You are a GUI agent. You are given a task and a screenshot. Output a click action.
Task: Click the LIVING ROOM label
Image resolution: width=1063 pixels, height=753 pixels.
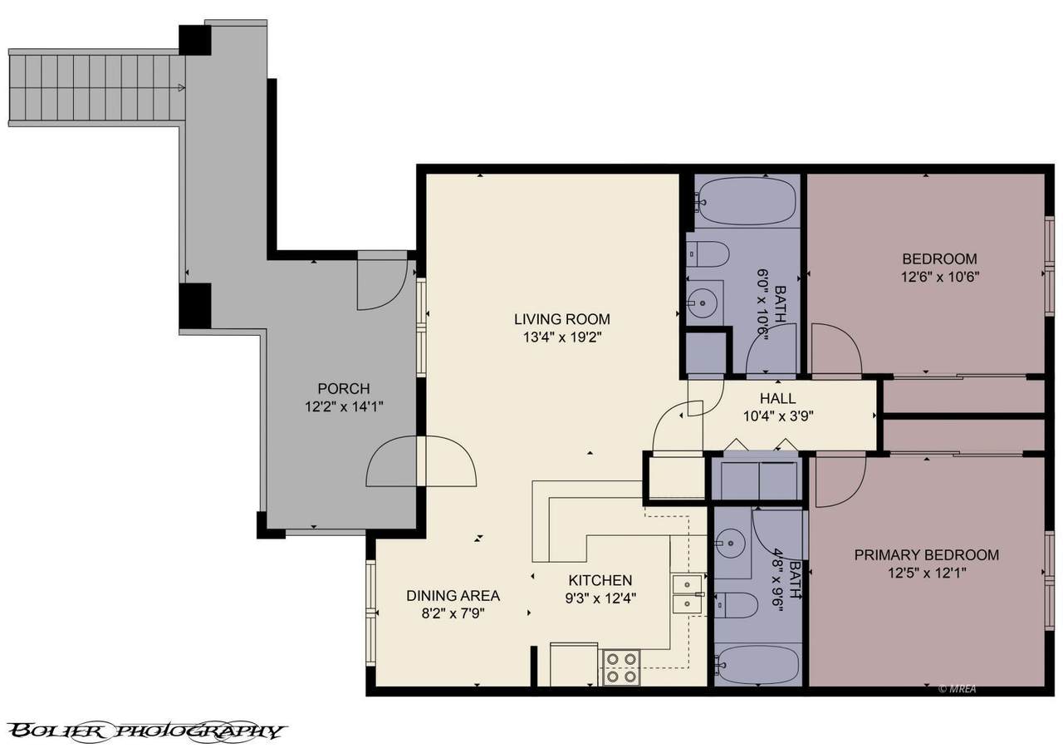(562, 319)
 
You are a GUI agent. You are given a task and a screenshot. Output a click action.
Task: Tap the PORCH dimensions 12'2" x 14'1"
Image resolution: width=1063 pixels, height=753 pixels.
(344, 407)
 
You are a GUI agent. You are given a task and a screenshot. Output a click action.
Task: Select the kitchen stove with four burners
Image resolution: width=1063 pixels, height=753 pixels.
(621, 667)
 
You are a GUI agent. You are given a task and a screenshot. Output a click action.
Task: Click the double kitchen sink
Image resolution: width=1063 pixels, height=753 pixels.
(687, 594)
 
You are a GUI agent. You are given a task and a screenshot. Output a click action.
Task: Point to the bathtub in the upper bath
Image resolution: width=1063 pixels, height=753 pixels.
(747, 201)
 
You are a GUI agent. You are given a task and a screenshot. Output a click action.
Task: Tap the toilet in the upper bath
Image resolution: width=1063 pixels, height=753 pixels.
(707, 254)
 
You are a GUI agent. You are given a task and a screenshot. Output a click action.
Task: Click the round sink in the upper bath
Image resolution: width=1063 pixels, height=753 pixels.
(703, 302)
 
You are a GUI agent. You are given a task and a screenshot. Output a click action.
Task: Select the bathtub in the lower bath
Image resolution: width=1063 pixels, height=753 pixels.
(757, 664)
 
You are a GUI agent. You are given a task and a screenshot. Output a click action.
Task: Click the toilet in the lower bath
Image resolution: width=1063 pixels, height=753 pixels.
(736, 605)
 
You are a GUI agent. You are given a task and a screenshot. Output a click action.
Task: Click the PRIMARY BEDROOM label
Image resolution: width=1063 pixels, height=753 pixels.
(926, 554)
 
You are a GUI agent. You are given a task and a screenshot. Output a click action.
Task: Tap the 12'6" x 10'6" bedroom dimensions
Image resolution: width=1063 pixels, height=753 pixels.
(940, 277)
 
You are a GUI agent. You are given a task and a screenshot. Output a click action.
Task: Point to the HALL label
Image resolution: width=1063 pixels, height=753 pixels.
(778, 398)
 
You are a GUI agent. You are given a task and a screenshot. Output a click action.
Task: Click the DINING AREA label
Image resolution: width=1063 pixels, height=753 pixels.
(453, 595)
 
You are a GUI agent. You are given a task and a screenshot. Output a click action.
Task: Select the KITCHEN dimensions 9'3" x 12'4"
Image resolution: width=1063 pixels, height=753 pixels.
(600, 598)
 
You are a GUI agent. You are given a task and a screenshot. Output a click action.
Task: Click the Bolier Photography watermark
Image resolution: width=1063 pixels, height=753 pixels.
(147, 731)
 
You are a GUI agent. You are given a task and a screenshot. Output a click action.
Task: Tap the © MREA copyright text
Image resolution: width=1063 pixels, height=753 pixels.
(957, 689)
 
